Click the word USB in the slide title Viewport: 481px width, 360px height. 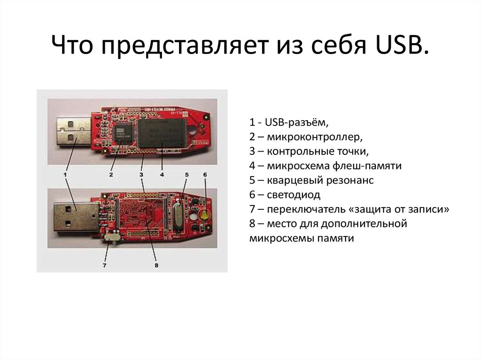pyautogui.click(x=402, y=47)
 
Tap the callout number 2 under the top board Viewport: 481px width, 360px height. pyautogui.click(x=111, y=175)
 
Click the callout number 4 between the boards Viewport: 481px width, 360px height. pyautogui.click(x=162, y=175)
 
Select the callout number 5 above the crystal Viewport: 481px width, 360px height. pyautogui.click(x=186, y=175)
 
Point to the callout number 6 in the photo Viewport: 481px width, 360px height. pyautogui.click(x=205, y=175)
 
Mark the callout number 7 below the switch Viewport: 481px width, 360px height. pyautogui.click(x=105, y=266)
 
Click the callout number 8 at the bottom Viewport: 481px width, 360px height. pyautogui.click(x=156, y=266)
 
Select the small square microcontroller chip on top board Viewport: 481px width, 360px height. pyautogui.click(x=123, y=132)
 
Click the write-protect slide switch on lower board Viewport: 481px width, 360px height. pyautogui.click(x=113, y=237)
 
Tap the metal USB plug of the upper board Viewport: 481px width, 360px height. pyautogui.click(x=73, y=131)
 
